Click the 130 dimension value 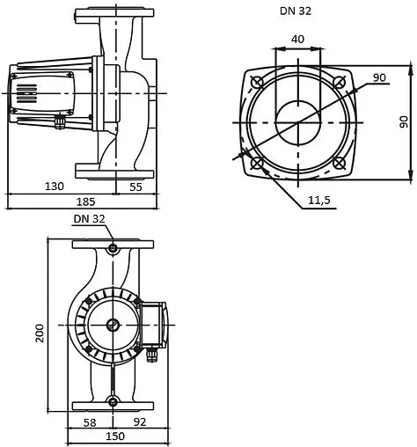pyautogui.click(x=55, y=186)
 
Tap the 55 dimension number pyautogui.click(x=135, y=186)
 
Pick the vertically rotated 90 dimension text pyautogui.click(x=403, y=121)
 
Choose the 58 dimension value pyautogui.click(x=90, y=421)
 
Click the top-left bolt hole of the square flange pyautogui.click(x=256, y=81)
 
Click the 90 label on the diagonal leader pyautogui.click(x=379, y=78)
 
